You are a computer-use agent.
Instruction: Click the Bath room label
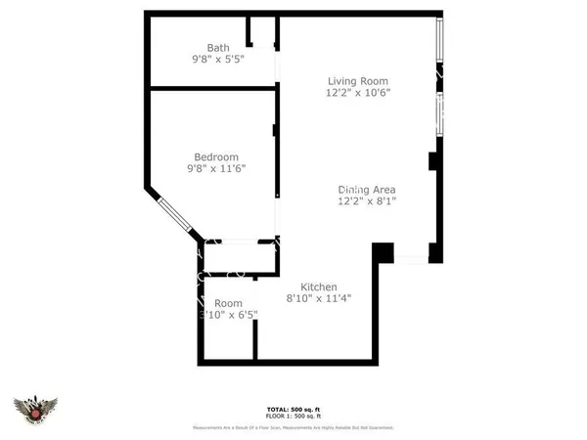click(218, 47)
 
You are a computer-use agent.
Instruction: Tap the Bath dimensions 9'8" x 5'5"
click(217, 60)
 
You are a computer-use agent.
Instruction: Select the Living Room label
click(358, 81)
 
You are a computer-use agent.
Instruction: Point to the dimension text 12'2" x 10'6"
click(358, 94)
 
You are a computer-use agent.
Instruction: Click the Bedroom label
click(216, 156)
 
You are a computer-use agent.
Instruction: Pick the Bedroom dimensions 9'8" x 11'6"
click(216, 169)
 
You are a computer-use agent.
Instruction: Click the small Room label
click(228, 303)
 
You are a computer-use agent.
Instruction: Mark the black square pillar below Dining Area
click(384, 252)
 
